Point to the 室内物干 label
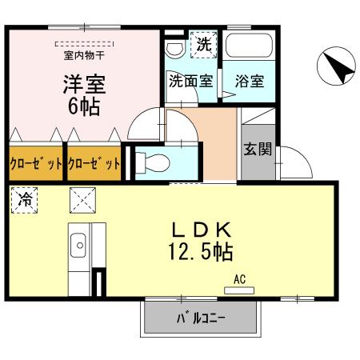click(x=85, y=56)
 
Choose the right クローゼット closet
click(x=94, y=163)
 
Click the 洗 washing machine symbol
click(x=203, y=46)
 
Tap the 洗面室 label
click(x=190, y=81)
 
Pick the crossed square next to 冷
click(x=82, y=198)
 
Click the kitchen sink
click(x=79, y=242)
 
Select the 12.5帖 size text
click(x=200, y=253)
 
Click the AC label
click(x=238, y=279)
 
